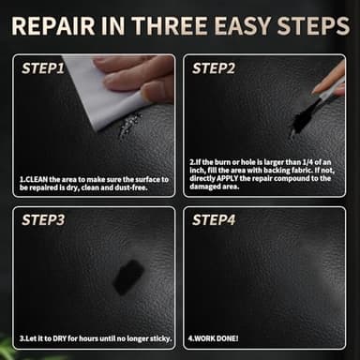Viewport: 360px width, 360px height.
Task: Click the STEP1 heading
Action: [x=42, y=68]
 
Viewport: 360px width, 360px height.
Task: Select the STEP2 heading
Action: [x=213, y=68]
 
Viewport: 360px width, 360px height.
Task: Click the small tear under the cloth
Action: [x=128, y=125]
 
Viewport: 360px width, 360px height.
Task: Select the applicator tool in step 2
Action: [x=328, y=89]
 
